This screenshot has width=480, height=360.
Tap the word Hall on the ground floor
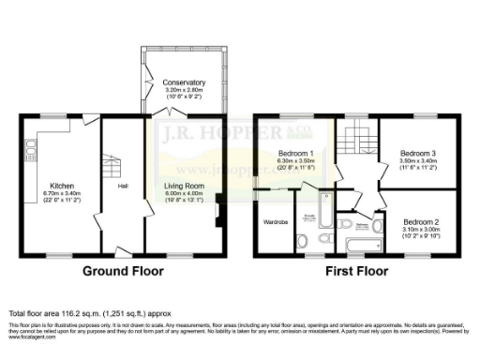(123, 186)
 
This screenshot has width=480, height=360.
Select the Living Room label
(183, 186)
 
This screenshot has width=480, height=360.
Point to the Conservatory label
(183, 82)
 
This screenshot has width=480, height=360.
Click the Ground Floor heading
(123, 271)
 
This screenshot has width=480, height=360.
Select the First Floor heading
(356, 271)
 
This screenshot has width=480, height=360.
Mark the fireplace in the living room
(218, 208)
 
